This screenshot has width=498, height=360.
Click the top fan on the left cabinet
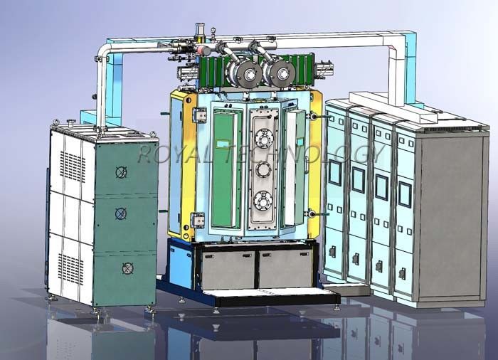[x=122, y=172]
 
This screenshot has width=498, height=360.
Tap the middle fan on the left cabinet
[x=121, y=213]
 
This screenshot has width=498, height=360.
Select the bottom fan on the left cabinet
[x=127, y=268]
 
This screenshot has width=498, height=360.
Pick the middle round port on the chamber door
[x=263, y=169]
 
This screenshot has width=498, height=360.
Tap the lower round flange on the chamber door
[x=263, y=201]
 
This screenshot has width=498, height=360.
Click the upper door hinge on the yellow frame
[x=199, y=115]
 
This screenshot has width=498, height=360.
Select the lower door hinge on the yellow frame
[x=197, y=220]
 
